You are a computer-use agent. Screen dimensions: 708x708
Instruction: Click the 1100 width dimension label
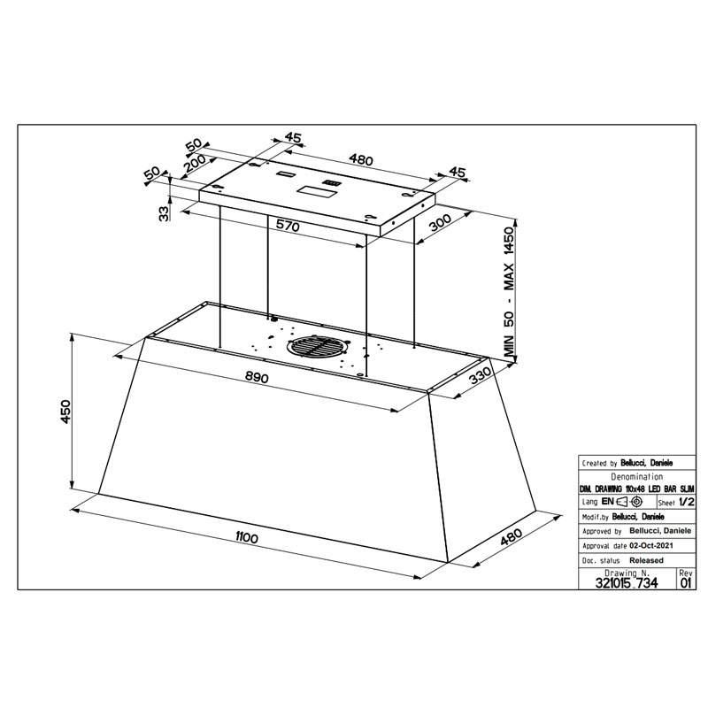point(247,537)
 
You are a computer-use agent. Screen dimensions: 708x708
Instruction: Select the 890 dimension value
point(257,377)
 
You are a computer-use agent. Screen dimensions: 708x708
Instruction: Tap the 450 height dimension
point(65,412)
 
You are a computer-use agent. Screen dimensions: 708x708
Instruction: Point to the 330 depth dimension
point(480,375)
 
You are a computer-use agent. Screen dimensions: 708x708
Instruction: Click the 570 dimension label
point(288,225)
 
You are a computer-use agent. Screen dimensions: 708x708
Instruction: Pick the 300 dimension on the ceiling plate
point(440,223)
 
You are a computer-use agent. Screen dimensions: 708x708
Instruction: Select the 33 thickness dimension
point(165,212)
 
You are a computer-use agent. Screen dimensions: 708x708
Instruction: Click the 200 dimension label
point(195,165)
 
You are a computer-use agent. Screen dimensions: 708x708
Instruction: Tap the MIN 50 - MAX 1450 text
point(509,291)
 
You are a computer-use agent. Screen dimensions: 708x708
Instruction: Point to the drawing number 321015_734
point(627,583)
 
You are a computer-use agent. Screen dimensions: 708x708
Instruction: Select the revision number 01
point(685,583)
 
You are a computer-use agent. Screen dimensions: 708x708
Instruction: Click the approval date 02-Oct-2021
point(651,545)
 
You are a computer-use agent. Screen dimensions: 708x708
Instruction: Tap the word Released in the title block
point(646,560)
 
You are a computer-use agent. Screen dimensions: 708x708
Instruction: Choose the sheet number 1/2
point(687,502)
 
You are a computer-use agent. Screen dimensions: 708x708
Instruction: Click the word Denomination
point(636,477)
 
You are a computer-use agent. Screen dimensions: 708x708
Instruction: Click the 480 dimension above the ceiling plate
point(361,160)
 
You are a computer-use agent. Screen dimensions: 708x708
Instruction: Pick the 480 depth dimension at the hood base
point(512,537)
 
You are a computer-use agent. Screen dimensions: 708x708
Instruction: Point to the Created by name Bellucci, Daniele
point(647,463)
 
